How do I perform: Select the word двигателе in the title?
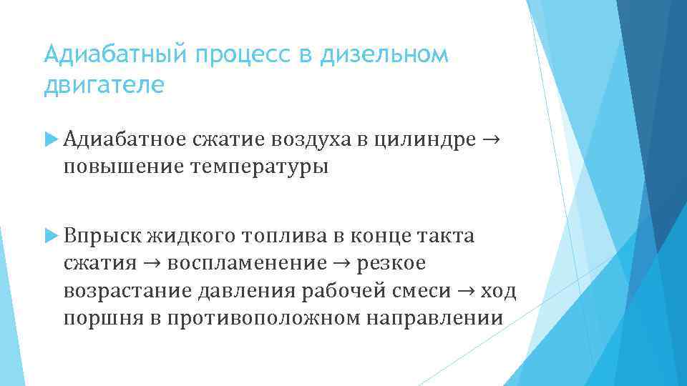click(104, 85)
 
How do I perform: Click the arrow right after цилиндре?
click(491, 139)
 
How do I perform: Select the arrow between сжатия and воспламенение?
click(152, 263)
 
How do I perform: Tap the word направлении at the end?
click(434, 317)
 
